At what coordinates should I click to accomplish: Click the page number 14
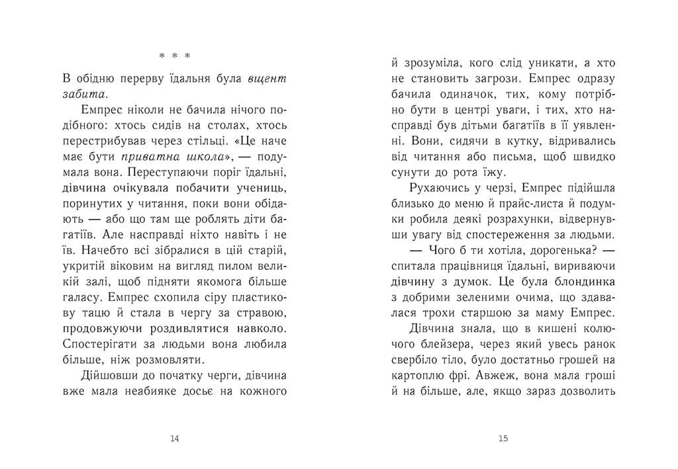[x=175, y=438]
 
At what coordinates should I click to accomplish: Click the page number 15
[x=503, y=438]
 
